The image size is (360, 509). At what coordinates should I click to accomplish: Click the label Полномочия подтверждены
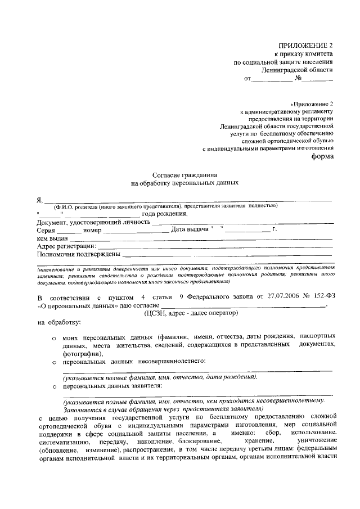(x=78, y=254)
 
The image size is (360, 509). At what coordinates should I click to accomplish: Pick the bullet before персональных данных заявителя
(x=52, y=388)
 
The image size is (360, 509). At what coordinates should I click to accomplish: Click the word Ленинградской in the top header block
(x=286, y=70)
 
